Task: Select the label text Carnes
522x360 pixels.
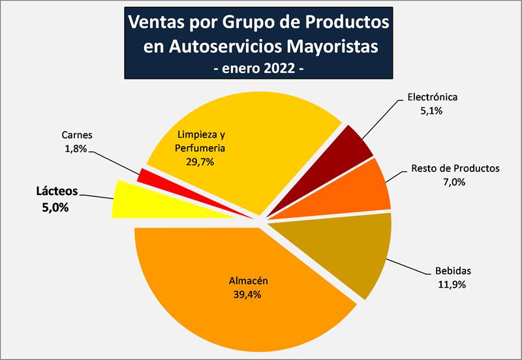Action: coord(77,135)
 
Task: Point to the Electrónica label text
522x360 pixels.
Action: coord(433,97)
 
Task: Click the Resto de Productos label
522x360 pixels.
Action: coord(455,168)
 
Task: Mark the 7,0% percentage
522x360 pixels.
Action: coord(454,182)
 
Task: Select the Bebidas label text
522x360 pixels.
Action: coord(453,271)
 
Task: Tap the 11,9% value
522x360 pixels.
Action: coord(453,284)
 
